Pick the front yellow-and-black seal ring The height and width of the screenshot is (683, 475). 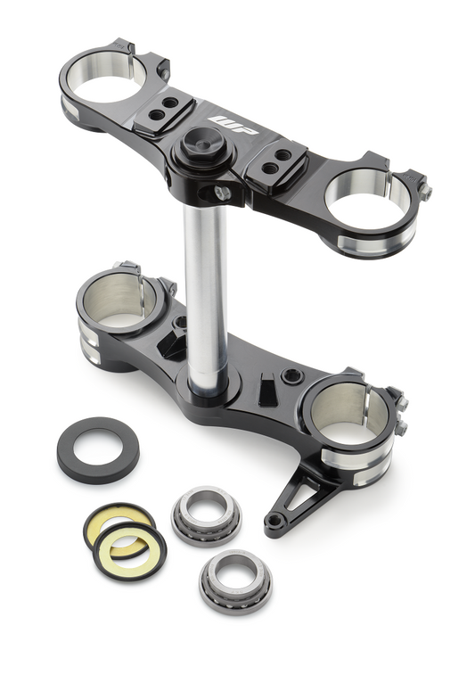tap(130, 547)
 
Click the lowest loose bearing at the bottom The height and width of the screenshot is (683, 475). tap(235, 580)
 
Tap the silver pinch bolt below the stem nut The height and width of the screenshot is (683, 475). tap(221, 192)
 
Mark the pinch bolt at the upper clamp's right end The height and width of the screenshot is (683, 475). tap(424, 191)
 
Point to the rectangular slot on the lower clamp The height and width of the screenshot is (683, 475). tap(266, 390)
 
